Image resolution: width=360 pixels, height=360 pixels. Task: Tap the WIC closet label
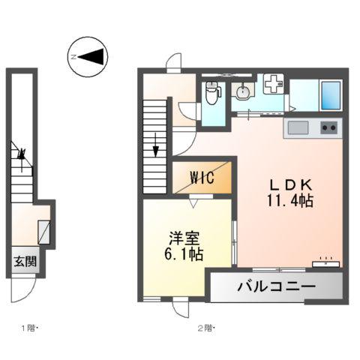tap(202, 178)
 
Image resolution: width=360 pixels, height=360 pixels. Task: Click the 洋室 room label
tap(184, 238)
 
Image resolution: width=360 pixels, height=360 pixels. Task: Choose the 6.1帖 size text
tap(184, 254)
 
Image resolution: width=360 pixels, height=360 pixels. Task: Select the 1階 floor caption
tap(28, 328)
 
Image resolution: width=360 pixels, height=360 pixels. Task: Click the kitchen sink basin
tap(298, 127)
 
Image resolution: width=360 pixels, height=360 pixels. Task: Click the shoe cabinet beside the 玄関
tap(44, 232)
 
